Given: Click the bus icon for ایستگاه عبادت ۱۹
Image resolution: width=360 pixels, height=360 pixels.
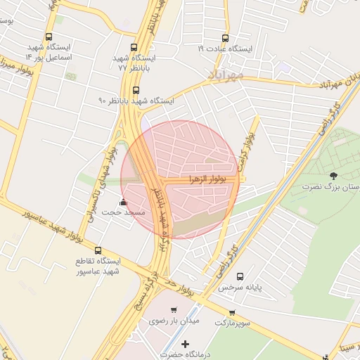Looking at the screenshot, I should coord(225,39).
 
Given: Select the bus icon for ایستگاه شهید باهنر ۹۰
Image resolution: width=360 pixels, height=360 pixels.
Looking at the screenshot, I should coord(136,90).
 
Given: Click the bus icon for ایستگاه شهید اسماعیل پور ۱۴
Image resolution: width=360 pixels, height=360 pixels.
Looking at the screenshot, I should coord(49,37).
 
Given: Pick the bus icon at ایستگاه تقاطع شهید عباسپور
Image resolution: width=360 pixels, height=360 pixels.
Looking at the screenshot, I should coord(98,250).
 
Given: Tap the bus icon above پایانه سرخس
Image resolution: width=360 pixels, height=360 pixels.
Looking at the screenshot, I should coord(240,276).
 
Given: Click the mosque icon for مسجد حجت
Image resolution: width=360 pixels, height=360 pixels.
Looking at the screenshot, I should coord(124,202).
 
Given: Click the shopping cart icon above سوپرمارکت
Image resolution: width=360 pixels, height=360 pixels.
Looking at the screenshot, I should coord(231,312).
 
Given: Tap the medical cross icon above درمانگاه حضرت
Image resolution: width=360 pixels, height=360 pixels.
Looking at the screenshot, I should coord(185,344).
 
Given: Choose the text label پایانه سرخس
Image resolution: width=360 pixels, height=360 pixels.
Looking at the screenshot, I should coord(234,288).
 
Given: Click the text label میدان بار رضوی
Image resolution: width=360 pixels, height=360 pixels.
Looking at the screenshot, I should coord(174,321).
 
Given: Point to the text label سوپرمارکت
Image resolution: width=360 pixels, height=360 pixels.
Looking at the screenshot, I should coord(232,323).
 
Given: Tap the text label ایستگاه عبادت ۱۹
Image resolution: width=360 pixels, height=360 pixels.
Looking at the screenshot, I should coord(225,49).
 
